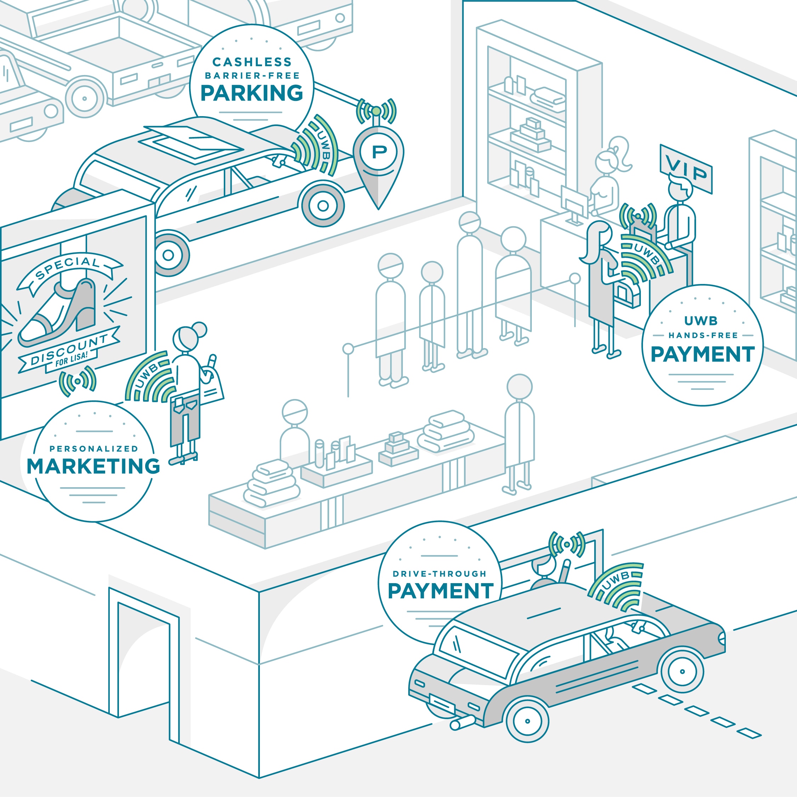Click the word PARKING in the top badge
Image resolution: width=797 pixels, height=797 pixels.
(x=252, y=93)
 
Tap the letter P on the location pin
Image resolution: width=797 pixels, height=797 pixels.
(x=379, y=152)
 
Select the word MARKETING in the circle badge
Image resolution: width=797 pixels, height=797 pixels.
(x=93, y=466)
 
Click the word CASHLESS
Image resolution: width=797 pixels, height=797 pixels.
(x=252, y=62)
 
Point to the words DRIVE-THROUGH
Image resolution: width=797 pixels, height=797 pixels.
(x=439, y=574)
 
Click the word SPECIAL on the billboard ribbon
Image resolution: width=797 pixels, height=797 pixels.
(x=68, y=268)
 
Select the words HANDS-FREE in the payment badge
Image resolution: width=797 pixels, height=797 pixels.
(x=703, y=335)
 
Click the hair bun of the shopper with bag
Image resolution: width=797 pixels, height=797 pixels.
(x=199, y=330)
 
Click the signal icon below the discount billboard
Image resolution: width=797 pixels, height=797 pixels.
(x=78, y=381)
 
